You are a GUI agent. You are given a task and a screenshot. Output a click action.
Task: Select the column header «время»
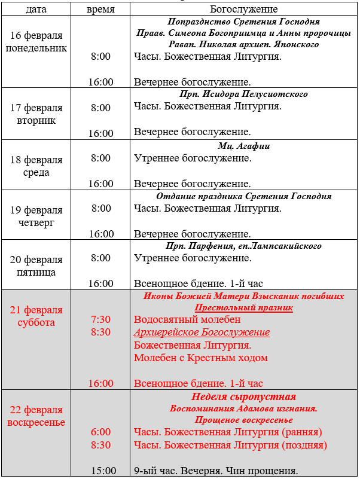coord(100,10)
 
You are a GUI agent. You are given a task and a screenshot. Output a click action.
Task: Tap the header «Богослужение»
coord(244,10)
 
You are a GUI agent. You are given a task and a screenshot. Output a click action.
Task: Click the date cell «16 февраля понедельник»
coord(36,42)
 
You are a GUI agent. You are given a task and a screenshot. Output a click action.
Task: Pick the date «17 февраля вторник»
coord(36,114)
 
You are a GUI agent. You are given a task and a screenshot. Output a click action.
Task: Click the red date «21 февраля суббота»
coord(36,316)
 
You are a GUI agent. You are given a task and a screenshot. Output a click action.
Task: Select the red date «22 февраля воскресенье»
coord(36,416)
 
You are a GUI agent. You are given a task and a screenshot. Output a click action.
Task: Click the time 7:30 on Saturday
coord(100,319)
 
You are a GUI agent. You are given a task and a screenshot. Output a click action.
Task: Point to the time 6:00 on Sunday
coord(100,432)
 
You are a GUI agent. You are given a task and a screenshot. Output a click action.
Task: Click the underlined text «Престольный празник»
coord(244,307)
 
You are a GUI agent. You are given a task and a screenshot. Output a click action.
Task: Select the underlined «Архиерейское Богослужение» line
coord(202,332)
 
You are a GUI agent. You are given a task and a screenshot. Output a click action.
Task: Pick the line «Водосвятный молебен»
coord(181,319)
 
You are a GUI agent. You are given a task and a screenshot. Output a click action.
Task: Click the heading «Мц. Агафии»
coord(244,145)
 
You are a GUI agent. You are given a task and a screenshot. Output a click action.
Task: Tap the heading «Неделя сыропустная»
coord(244,397)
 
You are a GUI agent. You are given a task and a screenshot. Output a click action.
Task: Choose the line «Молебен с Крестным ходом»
coord(201,358)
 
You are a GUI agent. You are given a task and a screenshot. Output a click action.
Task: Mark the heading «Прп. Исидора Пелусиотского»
coord(244,94)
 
